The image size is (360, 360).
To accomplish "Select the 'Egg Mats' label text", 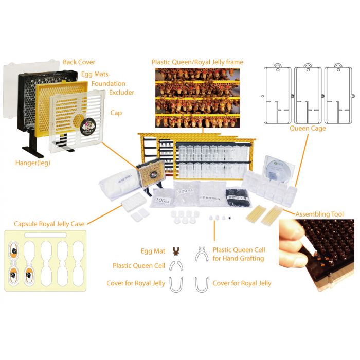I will [x=96, y=74].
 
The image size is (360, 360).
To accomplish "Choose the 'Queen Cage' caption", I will [x=308, y=128].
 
